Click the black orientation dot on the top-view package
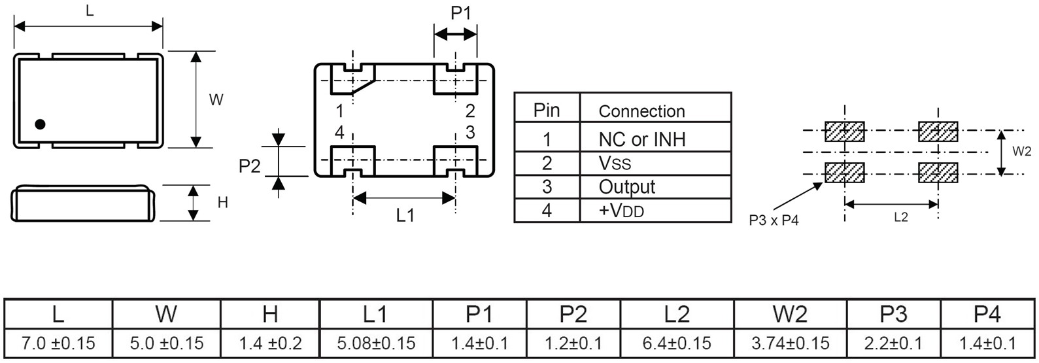40,124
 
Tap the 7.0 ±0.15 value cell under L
58,343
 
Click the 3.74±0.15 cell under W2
790,343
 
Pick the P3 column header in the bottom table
893,315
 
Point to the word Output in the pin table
626,187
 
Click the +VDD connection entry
621,211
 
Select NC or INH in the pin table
641,139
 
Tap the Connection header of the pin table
641,111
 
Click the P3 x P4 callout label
774,220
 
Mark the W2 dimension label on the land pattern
1021,152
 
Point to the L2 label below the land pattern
900,217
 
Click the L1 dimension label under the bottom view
405,215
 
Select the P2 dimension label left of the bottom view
249,166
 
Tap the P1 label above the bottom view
461,12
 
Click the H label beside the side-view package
222,203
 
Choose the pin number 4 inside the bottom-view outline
339,132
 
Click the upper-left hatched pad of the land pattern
845,131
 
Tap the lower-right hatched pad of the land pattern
938,173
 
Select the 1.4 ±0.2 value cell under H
270,343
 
